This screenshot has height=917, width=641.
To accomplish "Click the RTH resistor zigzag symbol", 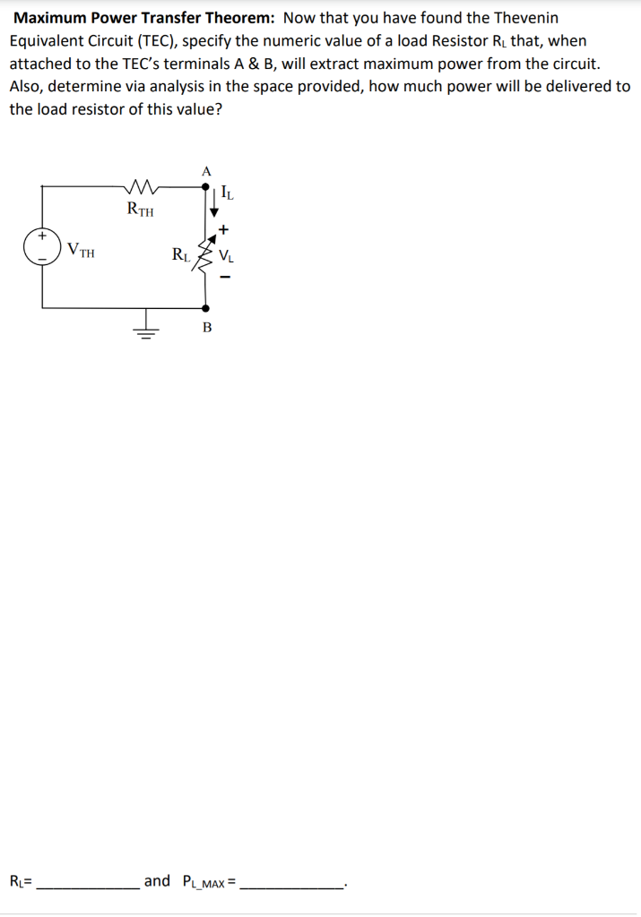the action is tap(142, 187).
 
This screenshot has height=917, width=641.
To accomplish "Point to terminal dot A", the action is tap(206, 186).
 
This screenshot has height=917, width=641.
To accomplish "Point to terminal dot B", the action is tap(206, 307).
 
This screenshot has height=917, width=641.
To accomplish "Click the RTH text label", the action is tap(141, 211).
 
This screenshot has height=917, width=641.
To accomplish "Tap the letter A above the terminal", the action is tap(206, 170).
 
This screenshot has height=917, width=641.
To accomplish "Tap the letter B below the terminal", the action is tap(207, 328).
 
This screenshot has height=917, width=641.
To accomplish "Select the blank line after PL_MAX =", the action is tap(292, 883).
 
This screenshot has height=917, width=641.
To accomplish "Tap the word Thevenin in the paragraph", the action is tap(525, 18).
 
